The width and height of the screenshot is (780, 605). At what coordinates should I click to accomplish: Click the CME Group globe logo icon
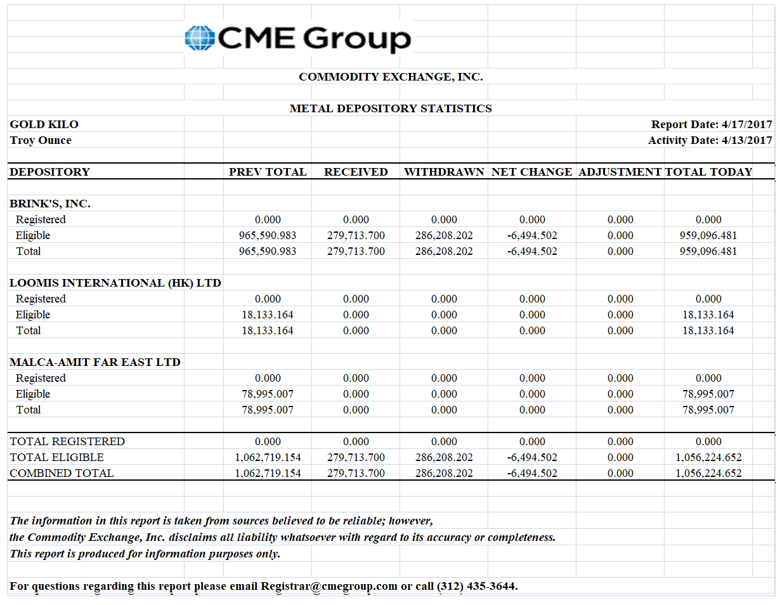tap(199, 38)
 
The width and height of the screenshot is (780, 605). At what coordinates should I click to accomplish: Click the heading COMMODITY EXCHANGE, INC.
tap(391, 77)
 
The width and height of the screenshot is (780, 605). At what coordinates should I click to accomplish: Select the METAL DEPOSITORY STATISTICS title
tap(391, 108)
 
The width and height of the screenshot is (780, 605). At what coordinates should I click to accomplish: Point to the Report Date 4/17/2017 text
tap(712, 124)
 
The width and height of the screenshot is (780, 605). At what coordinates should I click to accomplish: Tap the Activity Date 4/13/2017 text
tap(710, 140)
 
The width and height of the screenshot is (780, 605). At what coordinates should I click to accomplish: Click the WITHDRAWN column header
tap(444, 172)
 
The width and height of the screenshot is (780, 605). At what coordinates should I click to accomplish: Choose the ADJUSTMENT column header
tap(620, 172)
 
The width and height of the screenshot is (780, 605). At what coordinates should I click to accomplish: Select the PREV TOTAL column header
tap(268, 172)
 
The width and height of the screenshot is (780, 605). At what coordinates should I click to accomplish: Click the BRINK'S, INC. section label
tap(50, 204)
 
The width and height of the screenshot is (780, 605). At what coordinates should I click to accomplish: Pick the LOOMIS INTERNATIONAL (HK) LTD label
tap(115, 283)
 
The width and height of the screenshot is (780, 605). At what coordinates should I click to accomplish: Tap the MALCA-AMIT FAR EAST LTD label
tap(95, 362)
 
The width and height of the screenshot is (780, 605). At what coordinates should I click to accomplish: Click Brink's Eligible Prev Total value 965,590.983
tap(268, 235)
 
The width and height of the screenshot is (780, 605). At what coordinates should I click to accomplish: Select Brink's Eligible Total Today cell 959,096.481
tap(708, 235)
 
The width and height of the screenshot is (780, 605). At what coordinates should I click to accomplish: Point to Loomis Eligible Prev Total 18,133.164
tap(268, 315)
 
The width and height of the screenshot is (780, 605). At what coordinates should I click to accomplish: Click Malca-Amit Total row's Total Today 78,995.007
tap(708, 410)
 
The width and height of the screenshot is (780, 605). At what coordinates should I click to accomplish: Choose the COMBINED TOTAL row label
tap(62, 473)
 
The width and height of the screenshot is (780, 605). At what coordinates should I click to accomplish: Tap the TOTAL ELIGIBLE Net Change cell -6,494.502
tap(532, 457)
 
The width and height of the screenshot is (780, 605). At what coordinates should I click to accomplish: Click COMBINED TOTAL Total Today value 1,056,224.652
tap(708, 473)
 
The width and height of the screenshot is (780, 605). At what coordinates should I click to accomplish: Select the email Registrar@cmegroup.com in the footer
tap(329, 586)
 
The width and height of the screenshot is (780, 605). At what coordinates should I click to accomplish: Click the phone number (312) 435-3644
tap(477, 586)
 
